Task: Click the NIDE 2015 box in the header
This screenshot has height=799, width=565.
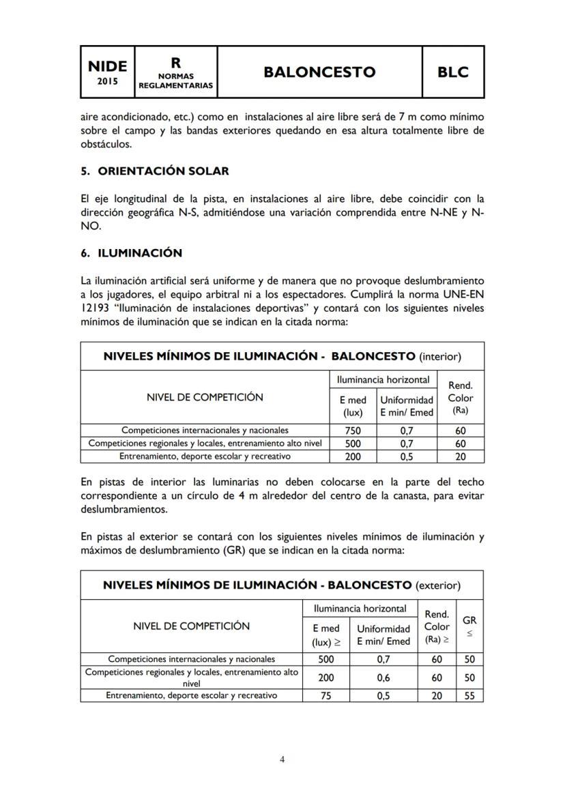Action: coord(107,71)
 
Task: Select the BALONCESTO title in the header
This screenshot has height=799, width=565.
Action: coord(319,72)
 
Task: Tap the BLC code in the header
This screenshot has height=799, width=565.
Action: coord(453,72)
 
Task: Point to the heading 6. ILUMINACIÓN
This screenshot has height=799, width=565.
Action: coord(131,253)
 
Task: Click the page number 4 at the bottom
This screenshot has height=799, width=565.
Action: coord(282,759)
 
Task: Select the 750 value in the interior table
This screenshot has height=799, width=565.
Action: coord(352,431)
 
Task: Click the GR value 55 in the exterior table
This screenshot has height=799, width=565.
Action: coord(469,696)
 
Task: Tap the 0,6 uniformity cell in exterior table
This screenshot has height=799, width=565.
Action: coord(383,678)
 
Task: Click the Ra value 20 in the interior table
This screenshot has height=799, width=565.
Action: coord(461,456)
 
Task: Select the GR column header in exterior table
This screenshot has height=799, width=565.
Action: coord(469,626)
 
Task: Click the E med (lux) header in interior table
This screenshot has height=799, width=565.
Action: coord(353,406)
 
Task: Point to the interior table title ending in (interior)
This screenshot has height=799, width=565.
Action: coord(282,356)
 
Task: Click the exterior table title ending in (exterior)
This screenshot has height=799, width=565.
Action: coord(281,585)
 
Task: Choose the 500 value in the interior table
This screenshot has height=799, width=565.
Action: coord(352,444)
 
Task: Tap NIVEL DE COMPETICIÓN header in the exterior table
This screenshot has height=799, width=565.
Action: coord(191,626)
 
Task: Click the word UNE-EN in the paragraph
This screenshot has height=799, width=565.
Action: coord(464,295)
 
